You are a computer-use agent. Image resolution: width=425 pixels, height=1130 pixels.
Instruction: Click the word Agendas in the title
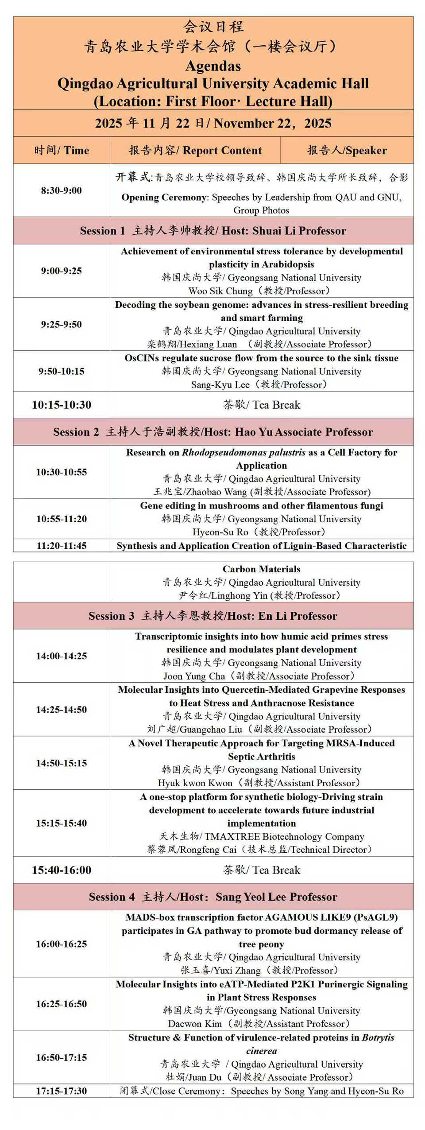213,66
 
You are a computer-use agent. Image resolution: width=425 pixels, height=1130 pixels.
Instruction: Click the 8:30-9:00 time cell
62,190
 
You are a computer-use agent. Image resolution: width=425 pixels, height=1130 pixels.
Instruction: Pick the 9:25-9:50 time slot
62,324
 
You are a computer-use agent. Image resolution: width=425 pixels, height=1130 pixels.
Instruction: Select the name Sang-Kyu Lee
220,384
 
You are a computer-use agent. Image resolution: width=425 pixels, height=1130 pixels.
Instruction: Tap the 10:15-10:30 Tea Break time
62,405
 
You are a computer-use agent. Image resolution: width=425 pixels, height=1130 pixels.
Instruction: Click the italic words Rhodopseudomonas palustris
243,452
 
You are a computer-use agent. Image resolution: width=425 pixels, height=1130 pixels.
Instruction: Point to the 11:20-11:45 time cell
62,546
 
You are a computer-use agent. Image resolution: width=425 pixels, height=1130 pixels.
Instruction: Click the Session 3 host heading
213,616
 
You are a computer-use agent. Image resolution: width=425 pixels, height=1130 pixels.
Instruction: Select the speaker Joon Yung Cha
194,676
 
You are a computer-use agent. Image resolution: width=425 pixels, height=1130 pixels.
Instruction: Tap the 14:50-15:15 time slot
62,763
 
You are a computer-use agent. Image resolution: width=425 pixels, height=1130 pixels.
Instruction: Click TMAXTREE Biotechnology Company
284,836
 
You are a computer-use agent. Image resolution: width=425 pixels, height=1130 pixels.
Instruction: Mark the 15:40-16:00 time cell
62,870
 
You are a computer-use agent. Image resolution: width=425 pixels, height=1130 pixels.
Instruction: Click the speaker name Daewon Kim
195,1024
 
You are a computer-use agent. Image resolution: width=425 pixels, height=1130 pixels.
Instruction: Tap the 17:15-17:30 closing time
62,1091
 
